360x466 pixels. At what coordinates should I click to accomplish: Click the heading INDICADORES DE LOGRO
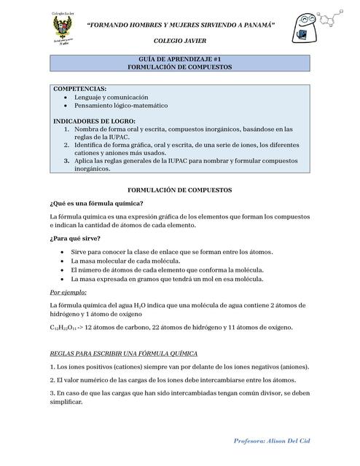point(95,121)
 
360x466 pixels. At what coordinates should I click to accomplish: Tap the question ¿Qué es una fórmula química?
point(96,203)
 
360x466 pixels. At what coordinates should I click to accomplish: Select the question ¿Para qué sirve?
point(75,238)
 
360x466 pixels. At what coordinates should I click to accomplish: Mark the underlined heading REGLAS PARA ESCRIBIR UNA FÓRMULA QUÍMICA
point(128,353)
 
